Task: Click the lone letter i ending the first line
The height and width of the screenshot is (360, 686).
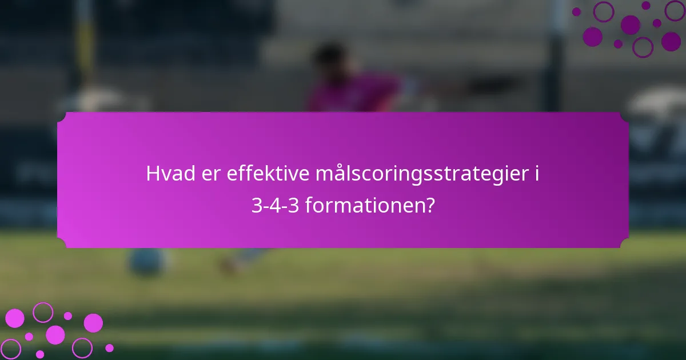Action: pyautogui.click(x=537, y=174)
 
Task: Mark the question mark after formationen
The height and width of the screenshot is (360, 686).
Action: pyautogui.click(x=429, y=205)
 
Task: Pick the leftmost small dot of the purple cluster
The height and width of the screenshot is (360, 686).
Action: pyautogui.click(x=576, y=11)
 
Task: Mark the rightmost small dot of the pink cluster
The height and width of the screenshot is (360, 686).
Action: pyautogui.click(x=109, y=347)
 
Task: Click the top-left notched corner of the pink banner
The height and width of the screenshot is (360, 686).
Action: pyautogui.click(x=62, y=117)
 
